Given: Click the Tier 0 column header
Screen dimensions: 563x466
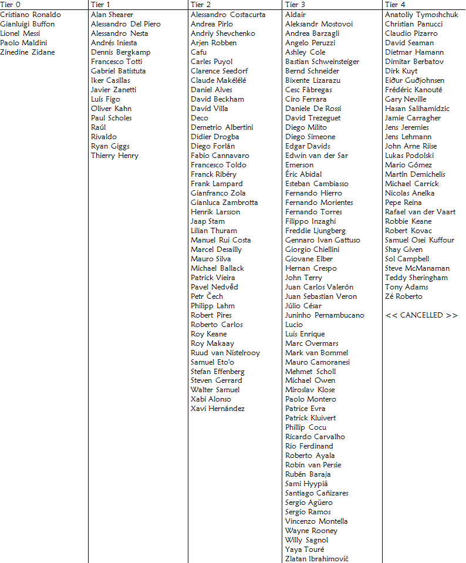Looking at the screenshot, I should click(x=11, y=5).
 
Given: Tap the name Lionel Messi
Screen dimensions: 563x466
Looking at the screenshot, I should click(x=20, y=33).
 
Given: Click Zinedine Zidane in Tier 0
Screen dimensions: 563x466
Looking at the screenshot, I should click(x=28, y=52).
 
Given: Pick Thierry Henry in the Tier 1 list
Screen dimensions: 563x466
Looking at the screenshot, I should click(x=114, y=156).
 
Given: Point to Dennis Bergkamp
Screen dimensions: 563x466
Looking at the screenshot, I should click(x=120, y=52).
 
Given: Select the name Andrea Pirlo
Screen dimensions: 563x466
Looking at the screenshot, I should click(x=211, y=24).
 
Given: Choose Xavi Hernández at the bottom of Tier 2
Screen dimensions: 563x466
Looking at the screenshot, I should click(x=217, y=409).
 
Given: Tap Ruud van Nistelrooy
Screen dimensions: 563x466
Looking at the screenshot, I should click(x=225, y=353).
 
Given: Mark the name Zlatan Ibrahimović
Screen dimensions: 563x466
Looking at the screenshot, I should click(x=316, y=559).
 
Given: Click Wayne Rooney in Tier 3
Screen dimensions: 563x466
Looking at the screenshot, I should click(x=311, y=531).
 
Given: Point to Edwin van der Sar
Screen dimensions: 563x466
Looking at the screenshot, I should click(x=316, y=156).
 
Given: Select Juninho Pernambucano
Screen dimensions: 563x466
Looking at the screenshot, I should click(x=325, y=315).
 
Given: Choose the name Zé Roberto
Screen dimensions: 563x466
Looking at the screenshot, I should click(x=403, y=296).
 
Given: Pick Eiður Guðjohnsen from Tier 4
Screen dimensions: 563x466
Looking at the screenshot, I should click(x=414, y=80).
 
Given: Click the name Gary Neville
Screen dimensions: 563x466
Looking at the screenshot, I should click(x=406, y=99).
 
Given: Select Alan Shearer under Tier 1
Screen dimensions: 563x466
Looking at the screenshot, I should click(x=112, y=15).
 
